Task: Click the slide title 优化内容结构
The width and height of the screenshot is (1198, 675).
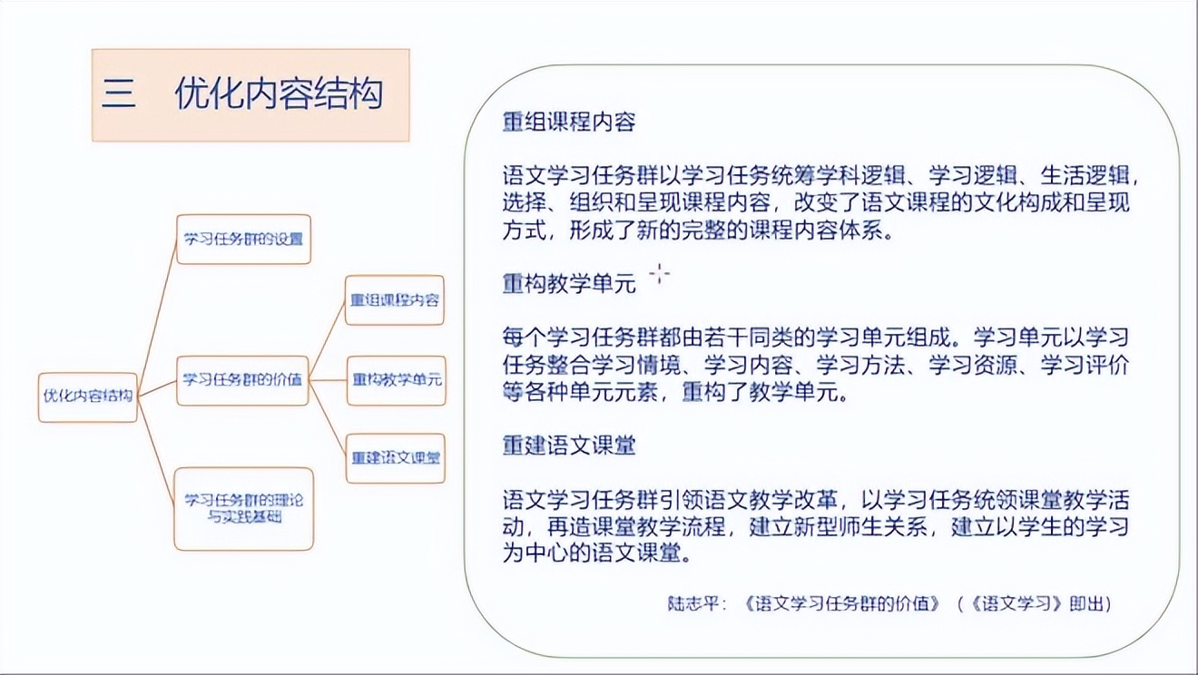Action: (x=279, y=94)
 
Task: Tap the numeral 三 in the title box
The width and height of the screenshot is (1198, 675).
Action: (x=119, y=94)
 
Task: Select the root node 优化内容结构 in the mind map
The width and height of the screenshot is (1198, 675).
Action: (x=88, y=396)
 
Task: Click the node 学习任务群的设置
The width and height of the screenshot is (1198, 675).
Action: (x=243, y=240)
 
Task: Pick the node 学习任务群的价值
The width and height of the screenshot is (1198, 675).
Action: (x=242, y=379)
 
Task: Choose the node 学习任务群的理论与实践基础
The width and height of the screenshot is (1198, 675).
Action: (x=243, y=508)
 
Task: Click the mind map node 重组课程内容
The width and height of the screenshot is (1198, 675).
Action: (x=395, y=300)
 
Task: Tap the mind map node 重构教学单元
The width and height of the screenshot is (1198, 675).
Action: (x=397, y=379)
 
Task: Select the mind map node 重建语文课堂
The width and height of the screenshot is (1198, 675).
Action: (x=397, y=458)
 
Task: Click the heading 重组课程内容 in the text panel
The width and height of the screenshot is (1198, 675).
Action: (x=569, y=122)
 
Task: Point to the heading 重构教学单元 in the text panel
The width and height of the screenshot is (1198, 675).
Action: (x=569, y=283)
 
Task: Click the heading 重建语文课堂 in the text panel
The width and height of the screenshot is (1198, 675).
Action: (x=569, y=445)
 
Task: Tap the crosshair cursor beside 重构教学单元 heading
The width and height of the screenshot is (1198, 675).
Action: (x=660, y=273)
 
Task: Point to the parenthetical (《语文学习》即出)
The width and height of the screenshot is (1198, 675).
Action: (x=1035, y=603)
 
